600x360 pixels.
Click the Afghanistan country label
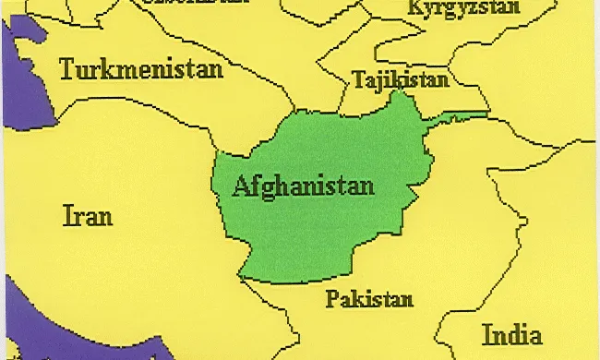(x=304, y=186)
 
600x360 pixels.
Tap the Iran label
(x=88, y=216)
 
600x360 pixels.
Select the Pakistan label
(x=369, y=299)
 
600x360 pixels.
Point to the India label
(x=511, y=334)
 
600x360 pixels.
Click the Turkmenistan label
(x=141, y=69)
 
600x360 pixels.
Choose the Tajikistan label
(x=401, y=80)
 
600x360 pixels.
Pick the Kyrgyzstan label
(x=463, y=8)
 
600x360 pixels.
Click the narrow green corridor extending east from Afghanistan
(x=457, y=115)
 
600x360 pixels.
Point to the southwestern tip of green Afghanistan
(x=242, y=275)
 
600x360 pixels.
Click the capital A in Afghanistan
(x=242, y=185)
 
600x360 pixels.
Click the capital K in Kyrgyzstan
(x=414, y=7)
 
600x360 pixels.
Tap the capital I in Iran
(x=66, y=216)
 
